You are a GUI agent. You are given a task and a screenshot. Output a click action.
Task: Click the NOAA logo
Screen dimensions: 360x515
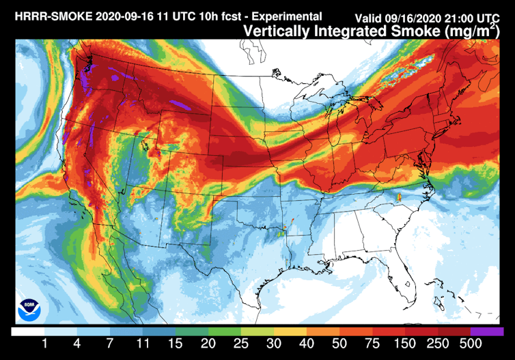point(29,309)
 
